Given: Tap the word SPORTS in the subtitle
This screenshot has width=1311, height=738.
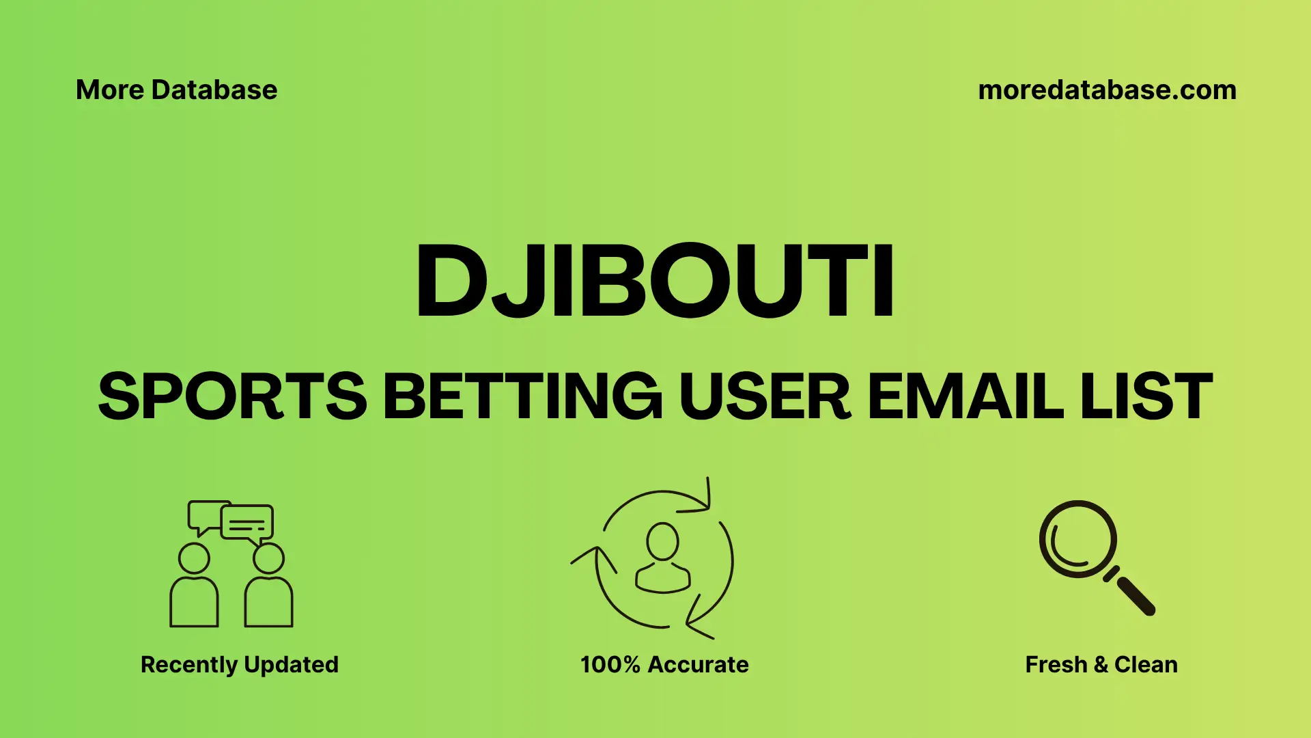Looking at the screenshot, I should pyautogui.click(x=233, y=396).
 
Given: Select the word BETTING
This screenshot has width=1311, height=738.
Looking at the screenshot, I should pyautogui.click(x=522, y=396).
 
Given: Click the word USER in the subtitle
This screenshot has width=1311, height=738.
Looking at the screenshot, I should pyautogui.click(x=764, y=396).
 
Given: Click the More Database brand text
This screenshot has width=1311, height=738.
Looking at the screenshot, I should pyautogui.click(x=176, y=90).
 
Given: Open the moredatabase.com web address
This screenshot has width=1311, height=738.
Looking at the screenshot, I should pyautogui.click(x=1107, y=90).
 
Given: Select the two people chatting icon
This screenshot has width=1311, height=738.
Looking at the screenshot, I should pyautogui.click(x=231, y=564).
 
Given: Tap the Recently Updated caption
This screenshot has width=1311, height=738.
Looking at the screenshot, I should pyautogui.click(x=239, y=664).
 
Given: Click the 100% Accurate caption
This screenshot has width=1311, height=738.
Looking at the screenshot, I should pyautogui.click(x=664, y=664).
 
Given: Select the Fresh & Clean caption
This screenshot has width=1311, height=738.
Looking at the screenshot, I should pyautogui.click(x=1101, y=664).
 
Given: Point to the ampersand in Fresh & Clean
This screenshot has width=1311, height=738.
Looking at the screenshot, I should pyautogui.click(x=1100, y=665).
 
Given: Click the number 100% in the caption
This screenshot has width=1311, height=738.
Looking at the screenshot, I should pyautogui.click(x=610, y=664).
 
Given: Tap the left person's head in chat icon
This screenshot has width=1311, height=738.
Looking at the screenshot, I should pyautogui.click(x=194, y=558).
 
